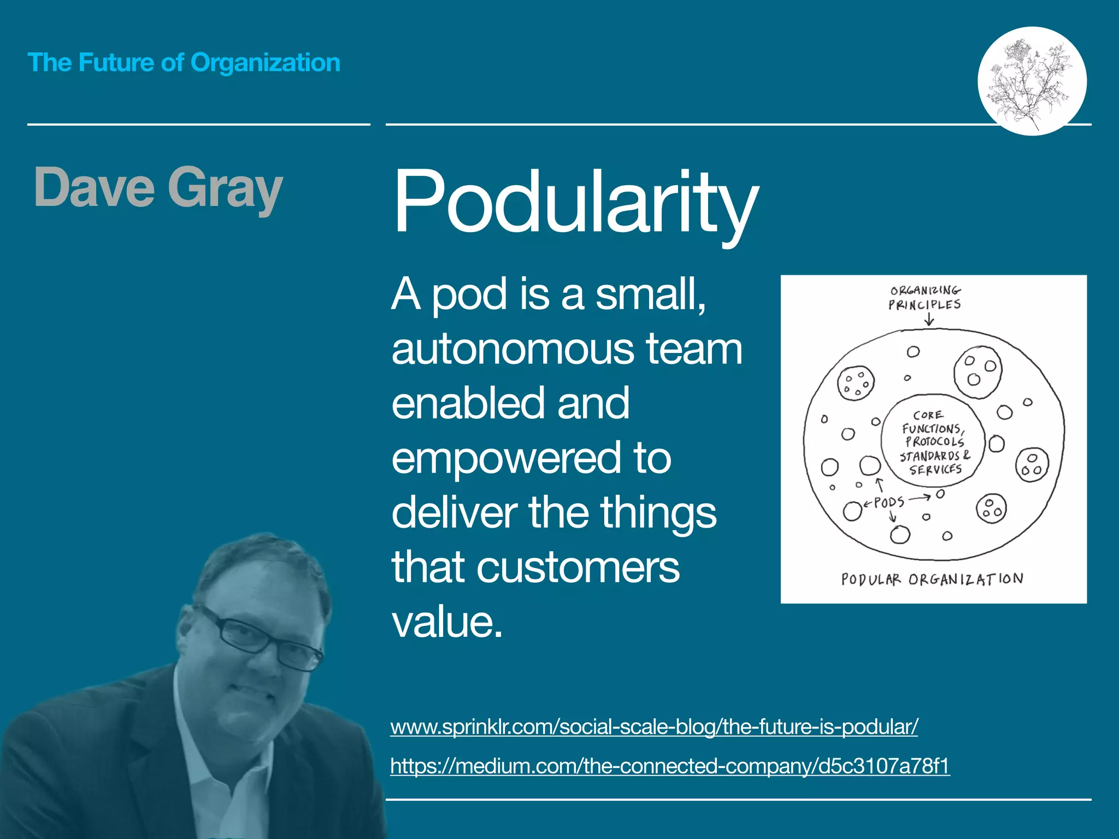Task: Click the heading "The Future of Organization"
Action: click(184, 63)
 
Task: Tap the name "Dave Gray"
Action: click(158, 188)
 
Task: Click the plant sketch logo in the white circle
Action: click(1031, 81)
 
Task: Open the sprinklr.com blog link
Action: click(653, 727)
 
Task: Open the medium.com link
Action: click(670, 766)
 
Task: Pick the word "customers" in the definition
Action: click(578, 568)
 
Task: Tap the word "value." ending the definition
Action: click(447, 622)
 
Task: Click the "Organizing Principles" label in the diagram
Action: click(924, 298)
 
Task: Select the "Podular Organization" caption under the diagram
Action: click(932, 579)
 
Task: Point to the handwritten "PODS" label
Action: click(889, 502)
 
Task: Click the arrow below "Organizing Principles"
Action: click(929, 321)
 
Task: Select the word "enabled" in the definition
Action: click(467, 404)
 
